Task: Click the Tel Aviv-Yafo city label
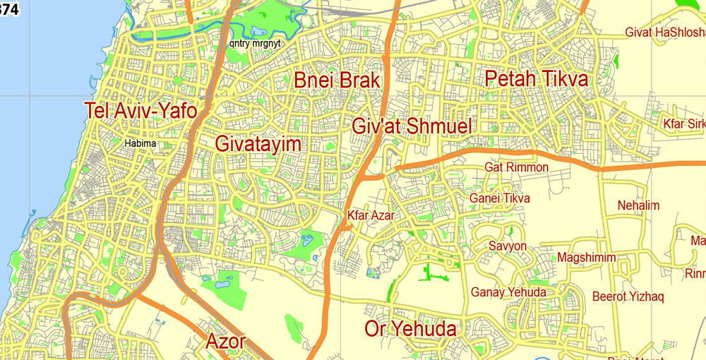(140, 111)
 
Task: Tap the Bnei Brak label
(337, 80)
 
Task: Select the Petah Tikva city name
(537, 79)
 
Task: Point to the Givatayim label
(258, 145)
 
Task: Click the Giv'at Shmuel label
(412, 127)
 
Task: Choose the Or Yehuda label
(410, 328)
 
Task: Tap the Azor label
(225, 342)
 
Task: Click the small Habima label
(140, 144)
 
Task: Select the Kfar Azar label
(371, 215)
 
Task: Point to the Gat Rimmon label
(516, 167)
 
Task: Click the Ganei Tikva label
(499, 198)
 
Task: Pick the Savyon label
(508, 246)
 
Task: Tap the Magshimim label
(587, 258)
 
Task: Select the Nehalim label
(638, 205)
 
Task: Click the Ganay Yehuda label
(508, 292)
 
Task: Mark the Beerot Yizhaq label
(628, 296)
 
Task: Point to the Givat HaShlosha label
(665, 32)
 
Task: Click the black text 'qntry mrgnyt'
(255, 43)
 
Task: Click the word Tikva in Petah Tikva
(561, 79)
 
